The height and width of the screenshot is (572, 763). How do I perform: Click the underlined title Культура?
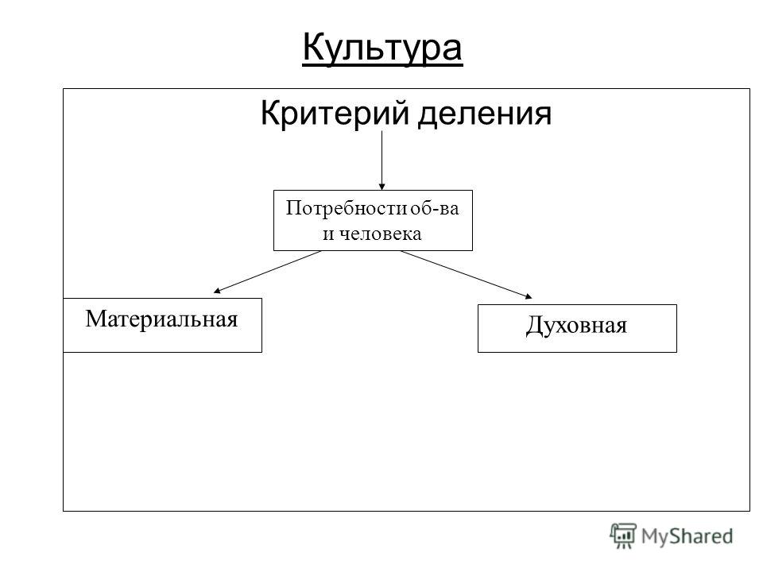[382, 48]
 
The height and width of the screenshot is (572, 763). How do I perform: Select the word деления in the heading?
[485, 114]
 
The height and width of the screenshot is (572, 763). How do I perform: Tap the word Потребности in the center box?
[346, 208]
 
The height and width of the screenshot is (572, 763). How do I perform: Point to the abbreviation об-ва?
[435, 208]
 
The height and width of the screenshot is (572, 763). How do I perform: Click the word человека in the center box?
[380, 234]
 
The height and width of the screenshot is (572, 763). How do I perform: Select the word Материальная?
[161, 319]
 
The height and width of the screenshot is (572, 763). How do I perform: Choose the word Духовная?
[577, 326]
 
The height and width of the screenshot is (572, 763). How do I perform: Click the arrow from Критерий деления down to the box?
[382, 160]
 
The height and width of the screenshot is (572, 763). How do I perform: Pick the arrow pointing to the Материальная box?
[267, 272]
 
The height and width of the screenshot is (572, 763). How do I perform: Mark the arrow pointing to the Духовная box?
[467, 274]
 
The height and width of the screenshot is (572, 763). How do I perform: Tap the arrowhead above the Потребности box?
[382, 186]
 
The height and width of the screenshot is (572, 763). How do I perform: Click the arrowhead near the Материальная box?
[217, 291]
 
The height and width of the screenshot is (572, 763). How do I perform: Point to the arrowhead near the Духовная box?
[529, 296]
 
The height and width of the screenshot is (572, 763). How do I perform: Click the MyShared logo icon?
[623, 535]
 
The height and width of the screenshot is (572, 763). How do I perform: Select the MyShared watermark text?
[687, 536]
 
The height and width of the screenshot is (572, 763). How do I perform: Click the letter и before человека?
[328, 234]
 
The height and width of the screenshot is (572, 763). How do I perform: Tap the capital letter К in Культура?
[315, 47]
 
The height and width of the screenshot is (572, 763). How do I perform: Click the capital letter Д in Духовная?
[534, 327]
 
